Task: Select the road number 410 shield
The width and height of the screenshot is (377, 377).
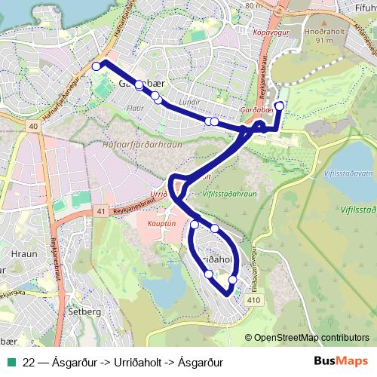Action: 253,301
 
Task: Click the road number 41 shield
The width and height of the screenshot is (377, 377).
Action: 101,212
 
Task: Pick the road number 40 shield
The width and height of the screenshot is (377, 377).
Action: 35,127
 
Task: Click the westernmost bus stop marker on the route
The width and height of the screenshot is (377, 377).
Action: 96,66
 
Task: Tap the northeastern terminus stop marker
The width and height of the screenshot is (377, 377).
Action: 280,106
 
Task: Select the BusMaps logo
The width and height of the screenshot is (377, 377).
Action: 341,361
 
